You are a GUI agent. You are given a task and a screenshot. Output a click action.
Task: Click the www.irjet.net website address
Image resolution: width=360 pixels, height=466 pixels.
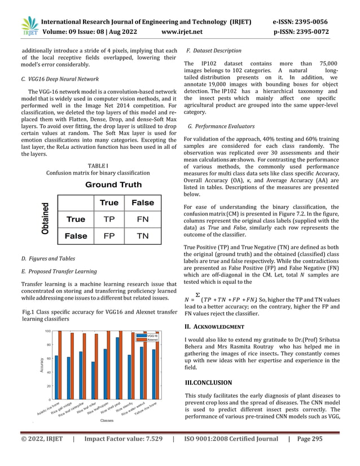tap(186, 32)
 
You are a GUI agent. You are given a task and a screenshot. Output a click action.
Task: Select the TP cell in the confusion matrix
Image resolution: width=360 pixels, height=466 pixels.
tap(109, 219)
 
